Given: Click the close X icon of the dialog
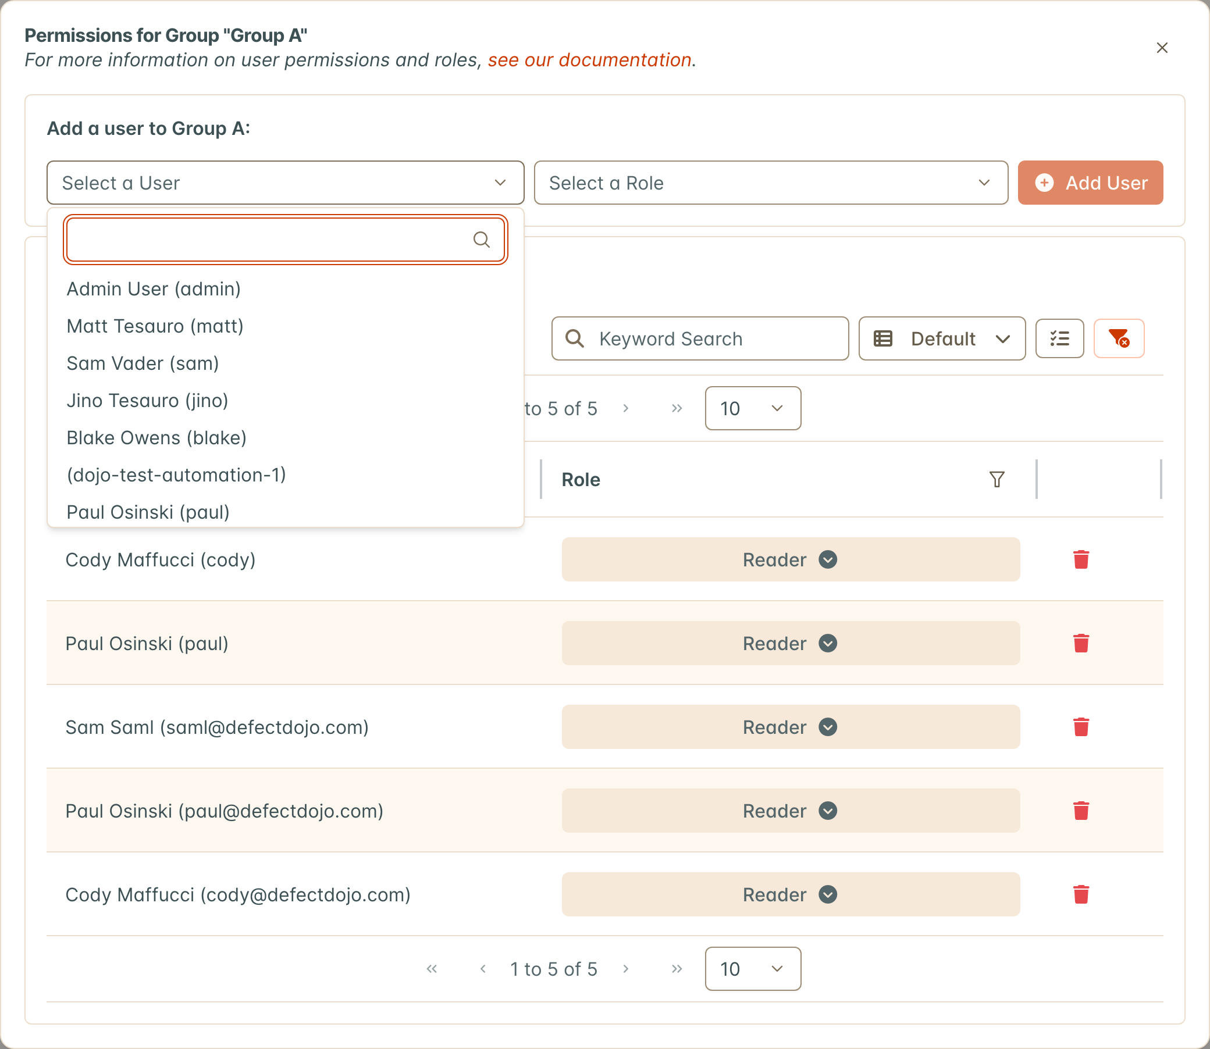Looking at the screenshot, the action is tap(1162, 48).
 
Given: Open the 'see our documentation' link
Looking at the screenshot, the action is tap(590, 60).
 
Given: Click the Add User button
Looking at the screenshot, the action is tap(1090, 183).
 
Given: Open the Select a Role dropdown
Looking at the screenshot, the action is tap(771, 183).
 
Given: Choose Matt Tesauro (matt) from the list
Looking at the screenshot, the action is tap(155, 326).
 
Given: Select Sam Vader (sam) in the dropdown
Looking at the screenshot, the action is tap(143, 363).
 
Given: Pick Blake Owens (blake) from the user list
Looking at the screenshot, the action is tap(156, 438).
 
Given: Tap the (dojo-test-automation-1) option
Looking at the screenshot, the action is tap(176, 474).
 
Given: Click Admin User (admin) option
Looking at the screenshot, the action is tap(154, 289).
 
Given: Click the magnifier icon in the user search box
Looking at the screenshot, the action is tap(482, 240).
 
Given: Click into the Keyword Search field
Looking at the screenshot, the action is tap(700, 338).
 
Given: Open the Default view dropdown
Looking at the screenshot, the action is tap(942, 338).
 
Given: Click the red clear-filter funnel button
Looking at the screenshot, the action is tap(1119, 338).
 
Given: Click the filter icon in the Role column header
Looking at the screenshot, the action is tap(997, 479).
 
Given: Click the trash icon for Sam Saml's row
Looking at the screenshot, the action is tap(1081, 727).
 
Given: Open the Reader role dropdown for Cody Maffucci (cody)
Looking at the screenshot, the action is tap(791, 559).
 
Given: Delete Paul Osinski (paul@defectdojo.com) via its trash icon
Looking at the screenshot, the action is tap(1081, 811).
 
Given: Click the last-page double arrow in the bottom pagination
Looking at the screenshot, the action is tap(677, 969).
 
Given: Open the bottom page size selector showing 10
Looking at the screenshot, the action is tap(753, 969).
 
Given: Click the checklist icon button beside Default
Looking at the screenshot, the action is tap(1059, 338).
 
